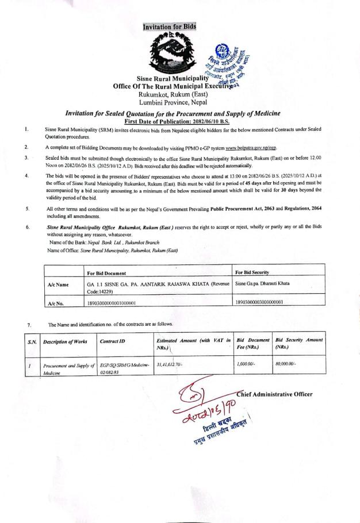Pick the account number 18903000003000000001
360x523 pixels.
tap(263, 302)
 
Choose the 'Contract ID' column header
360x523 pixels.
tap(111, 341)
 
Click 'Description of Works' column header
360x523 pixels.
tap(65, 341)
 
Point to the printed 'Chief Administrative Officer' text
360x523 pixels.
tap(274, 394)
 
